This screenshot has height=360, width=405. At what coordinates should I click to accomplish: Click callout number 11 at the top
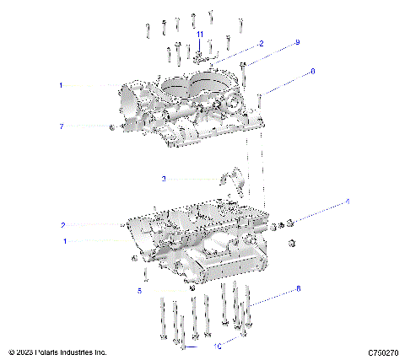(x=200, y=33)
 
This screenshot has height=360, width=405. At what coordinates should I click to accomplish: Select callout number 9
(x=297, y=42)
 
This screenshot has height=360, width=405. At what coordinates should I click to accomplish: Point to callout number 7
(x=62, y=126)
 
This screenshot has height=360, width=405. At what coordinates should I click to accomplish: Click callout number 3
(x=164, y=179)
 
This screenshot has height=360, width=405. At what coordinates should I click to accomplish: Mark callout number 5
(x=140, y=290)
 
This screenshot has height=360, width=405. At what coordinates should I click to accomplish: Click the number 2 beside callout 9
(x=262, y=42)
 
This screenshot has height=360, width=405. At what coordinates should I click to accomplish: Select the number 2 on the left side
(x=62, y=225)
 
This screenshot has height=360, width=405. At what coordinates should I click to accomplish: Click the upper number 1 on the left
(x=62, y=85)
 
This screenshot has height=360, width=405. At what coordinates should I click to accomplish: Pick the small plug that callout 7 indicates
(x=111, y=127)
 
